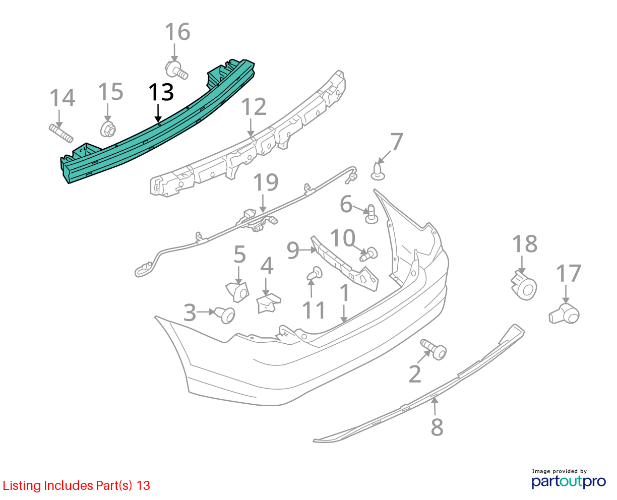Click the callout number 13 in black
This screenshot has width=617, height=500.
161,92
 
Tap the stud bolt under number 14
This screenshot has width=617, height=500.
61,133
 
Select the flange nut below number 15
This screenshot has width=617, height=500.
108,130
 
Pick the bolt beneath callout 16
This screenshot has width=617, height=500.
176,71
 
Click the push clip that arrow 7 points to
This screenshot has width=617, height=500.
378,171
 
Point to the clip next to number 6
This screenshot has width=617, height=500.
372,214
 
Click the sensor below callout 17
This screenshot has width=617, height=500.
564,314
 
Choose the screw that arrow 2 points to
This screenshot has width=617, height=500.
434,350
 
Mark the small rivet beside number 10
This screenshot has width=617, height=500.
368,254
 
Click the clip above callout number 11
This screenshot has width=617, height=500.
315,274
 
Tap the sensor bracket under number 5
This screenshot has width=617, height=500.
237,292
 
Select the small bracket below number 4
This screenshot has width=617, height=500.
268,303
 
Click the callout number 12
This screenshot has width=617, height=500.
254,107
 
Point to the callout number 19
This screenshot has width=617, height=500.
266,182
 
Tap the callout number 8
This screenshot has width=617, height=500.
437,427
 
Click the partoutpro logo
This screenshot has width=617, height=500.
569,481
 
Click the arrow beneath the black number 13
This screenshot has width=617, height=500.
158,113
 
